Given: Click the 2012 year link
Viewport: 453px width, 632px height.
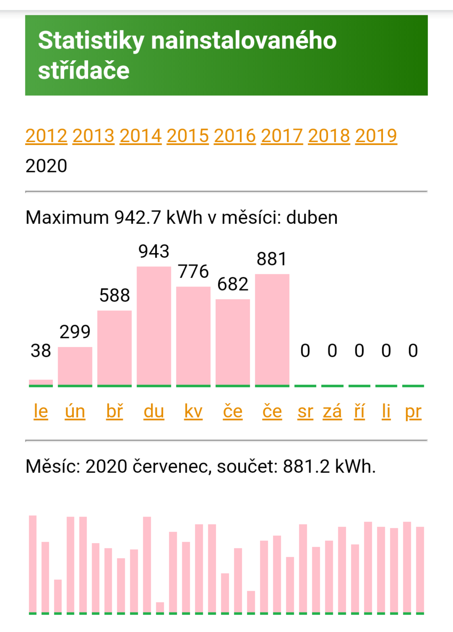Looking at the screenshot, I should (x=46, y=136).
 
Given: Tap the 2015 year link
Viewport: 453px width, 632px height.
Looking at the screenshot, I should (x=188, y=136).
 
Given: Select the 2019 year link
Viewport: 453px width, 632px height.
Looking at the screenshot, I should (x=376, y=136).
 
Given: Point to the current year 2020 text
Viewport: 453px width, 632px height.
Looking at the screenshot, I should (x=46, y=166).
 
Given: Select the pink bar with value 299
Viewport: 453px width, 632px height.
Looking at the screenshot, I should (x=75, y=366).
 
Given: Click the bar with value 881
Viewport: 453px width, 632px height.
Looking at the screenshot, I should (x=272, y=329).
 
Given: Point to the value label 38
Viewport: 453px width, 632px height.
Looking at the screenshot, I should (x=41, y=351).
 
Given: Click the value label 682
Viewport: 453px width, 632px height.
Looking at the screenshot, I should (x=233, y=284).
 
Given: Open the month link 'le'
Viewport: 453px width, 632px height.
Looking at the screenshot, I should (x=41, y=411).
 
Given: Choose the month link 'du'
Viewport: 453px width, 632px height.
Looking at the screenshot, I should (x=154, y=411).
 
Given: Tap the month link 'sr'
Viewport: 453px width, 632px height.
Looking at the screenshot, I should (x=305, y=411).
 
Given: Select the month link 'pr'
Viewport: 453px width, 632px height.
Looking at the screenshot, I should (x=413, y=412).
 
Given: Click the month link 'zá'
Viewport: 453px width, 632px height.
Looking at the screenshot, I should (x=332, y=411).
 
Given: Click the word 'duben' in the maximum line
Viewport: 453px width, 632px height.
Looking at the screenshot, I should (x=312, y=218).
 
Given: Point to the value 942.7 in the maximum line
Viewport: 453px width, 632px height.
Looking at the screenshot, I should (x=138, y=218).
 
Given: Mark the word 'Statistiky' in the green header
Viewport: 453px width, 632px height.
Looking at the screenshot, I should (x=91, y=41).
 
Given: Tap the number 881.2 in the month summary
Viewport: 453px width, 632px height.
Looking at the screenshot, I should (x=306, y=466).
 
